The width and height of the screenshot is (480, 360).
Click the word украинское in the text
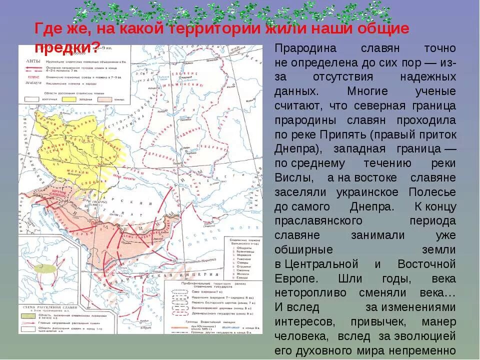(368, 192)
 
